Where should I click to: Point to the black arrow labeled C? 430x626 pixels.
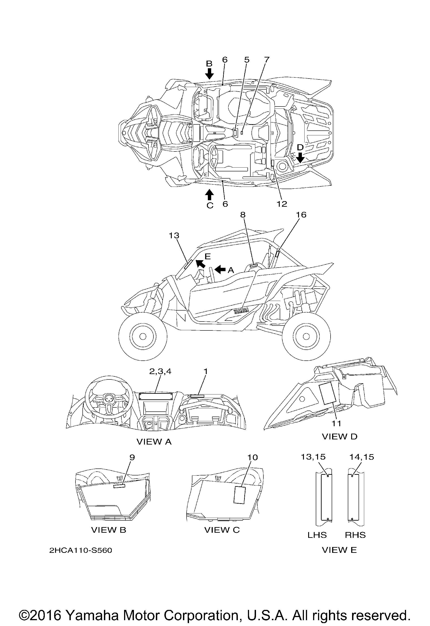[209, 194]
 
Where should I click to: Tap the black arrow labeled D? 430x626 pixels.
[300, 158]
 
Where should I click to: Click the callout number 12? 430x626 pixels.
[282, 204]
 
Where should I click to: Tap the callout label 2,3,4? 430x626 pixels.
[160, 372]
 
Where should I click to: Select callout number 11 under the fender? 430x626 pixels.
[336, 424]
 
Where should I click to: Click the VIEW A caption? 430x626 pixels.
[154, 441]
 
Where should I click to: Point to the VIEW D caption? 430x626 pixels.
[340, 436]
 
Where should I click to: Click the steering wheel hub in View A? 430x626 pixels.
[109, 398]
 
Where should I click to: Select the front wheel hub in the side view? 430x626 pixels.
[143, 336]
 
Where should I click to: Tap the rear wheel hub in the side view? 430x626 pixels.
[306, 336]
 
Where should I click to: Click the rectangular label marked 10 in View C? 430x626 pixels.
[239, 495]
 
